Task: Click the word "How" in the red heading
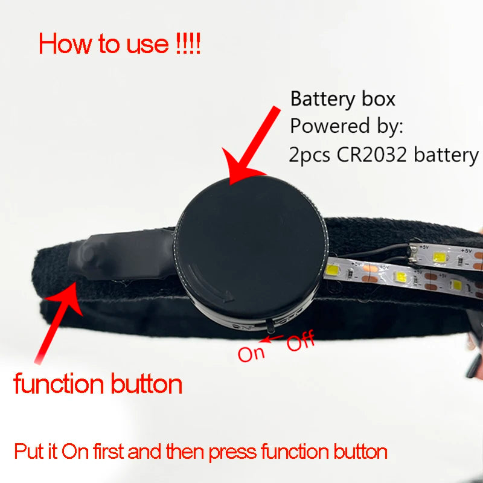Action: (x=65, y=43)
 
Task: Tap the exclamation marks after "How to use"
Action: (x=188, y=43)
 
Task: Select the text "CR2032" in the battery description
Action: (x=372, y=155)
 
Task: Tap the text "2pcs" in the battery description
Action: (x=309, y=155)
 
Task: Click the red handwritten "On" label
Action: (x=251, y=354)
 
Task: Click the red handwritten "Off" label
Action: (x=301, y=341)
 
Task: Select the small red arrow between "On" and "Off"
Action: (x=271, y=339)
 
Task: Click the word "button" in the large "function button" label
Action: (x=146, y=384)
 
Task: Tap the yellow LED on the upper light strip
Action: (x=440, y=257)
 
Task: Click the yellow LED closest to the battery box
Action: (x=331, y=270)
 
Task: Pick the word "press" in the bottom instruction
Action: (x=232, y=452)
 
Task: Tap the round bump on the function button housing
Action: (x=88, y=253)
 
